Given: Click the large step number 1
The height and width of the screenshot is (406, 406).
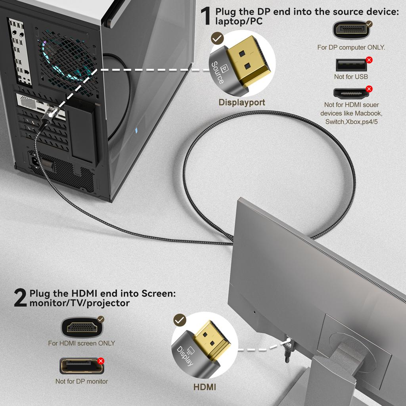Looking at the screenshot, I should tap(205, 16).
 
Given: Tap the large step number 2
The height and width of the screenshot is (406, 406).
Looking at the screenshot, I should tap(20, 298).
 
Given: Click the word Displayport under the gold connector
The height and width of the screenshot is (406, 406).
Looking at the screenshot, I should tap(242, 102).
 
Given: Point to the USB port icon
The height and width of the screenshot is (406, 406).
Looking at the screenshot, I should tap(351, 65).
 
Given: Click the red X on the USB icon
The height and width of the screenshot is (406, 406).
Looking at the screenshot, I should tap(369, 60).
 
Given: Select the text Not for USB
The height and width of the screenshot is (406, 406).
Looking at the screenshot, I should tap(351, 77).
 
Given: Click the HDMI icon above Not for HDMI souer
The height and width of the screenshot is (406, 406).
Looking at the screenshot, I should tap(350, 94).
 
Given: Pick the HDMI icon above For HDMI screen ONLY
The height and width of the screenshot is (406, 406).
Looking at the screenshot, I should tap(81, 327).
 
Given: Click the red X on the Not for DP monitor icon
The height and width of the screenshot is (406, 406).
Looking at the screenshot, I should tap(101, 361).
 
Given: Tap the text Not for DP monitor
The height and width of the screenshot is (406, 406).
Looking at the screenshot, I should tap(82, 381).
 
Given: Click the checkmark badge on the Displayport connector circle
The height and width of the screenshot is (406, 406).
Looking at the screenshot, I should tap(217, 38).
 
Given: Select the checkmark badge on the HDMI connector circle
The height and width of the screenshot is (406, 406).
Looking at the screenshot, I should tap(180, 320).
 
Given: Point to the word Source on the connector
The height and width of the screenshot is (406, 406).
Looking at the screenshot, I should tap(218, 73).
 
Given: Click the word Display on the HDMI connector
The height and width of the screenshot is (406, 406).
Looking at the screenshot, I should tap(184, 356).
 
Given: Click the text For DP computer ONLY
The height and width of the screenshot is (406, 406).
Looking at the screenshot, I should tap(351, 47).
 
